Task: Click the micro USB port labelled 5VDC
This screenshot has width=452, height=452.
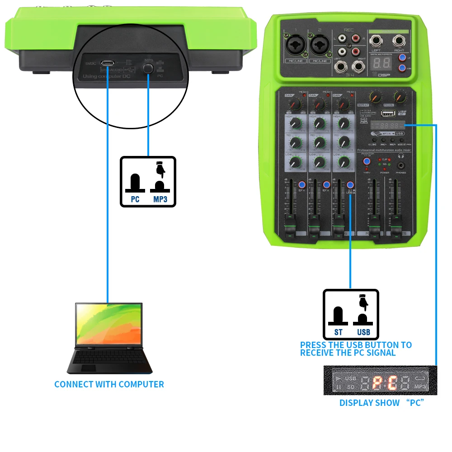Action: point(108,63)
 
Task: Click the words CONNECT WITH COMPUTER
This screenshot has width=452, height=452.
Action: point(109,384)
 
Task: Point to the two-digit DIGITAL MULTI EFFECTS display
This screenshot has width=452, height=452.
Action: point(380,63)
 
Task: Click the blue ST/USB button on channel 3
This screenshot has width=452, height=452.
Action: point(350,185)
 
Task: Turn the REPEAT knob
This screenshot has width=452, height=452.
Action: point(375,96)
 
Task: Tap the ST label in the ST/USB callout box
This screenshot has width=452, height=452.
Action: point(339,332)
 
